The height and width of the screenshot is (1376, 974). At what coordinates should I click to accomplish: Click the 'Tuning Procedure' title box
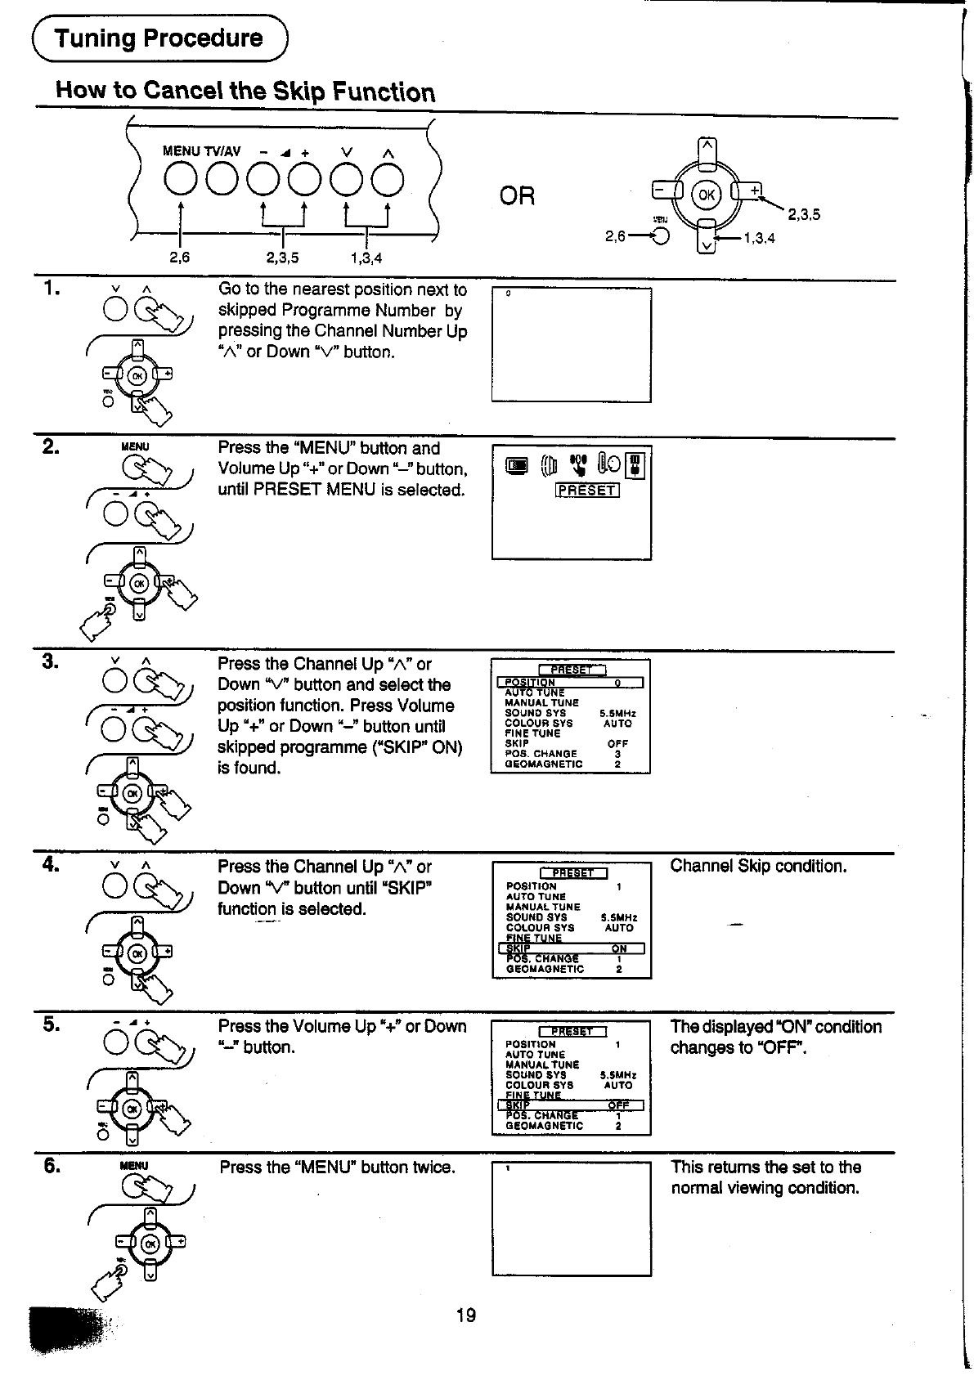pyautogui.click(x=159, y=38)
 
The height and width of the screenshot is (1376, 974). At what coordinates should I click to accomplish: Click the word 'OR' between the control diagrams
pyautogui.click(x=517, y=196)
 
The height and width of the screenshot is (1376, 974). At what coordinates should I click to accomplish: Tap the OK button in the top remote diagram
pyautogui.click(x=706, y=195)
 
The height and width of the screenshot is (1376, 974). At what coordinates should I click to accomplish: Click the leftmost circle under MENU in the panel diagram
pyautogui.click(x=180, y=181)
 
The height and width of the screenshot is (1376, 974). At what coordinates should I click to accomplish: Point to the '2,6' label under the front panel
pyautogui.click(x=179, y=258)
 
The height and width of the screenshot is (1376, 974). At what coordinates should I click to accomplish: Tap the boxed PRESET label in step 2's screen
pyautogui.click(x=586, y=491)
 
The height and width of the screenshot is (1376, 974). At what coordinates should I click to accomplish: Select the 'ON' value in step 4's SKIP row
pyautogui.click(x=619, y=948)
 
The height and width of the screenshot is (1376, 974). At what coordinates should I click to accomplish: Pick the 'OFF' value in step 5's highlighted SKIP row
pyautogui.click(x=618, y=1105)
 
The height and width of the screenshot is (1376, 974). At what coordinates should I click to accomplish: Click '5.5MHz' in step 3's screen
pyautogui.click(x=617, y=713)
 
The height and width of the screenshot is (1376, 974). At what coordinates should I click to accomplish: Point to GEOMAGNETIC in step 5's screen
pyautogui.click(x=545, y=1126)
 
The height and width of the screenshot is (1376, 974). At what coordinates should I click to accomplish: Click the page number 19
pyautogui.click(x=466, y=1315)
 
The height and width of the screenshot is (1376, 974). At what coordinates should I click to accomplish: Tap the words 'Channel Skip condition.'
pyautogui.click(x=758, y=866)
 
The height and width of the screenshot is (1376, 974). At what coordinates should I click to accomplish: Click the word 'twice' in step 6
pyautogui.click(x=432, y=1168)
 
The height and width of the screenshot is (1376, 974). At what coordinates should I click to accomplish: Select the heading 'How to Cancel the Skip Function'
pyautogui.click(x=245, y=91)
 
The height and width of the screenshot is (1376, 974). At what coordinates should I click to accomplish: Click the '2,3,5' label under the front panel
pyautogui.click(x=282, y=258)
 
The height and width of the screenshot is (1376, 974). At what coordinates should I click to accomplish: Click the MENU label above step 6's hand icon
pyautogui.click(x=135, y=1165)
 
